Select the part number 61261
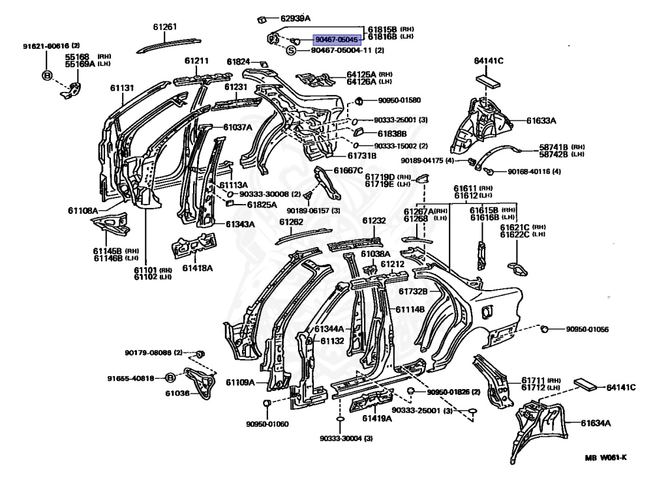point(165,27)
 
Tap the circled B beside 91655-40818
point(170,378)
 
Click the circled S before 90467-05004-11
point(291,50)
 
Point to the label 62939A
point(296,18)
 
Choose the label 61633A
point(541,121)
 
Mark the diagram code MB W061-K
point(605,457)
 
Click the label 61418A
point(198,268)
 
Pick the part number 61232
point(374,222)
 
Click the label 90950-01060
point(267,424)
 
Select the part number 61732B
point(413,291)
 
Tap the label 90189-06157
point(309,211)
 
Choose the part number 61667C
point(348,170)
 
